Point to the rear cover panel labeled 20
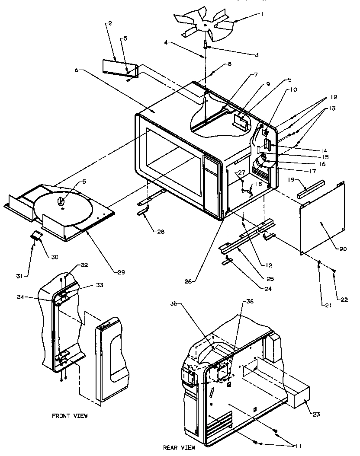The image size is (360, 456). [322, 218]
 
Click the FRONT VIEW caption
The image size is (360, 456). [70, 416]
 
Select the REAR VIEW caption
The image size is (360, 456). [179, 447]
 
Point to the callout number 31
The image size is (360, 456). [26, 274]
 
